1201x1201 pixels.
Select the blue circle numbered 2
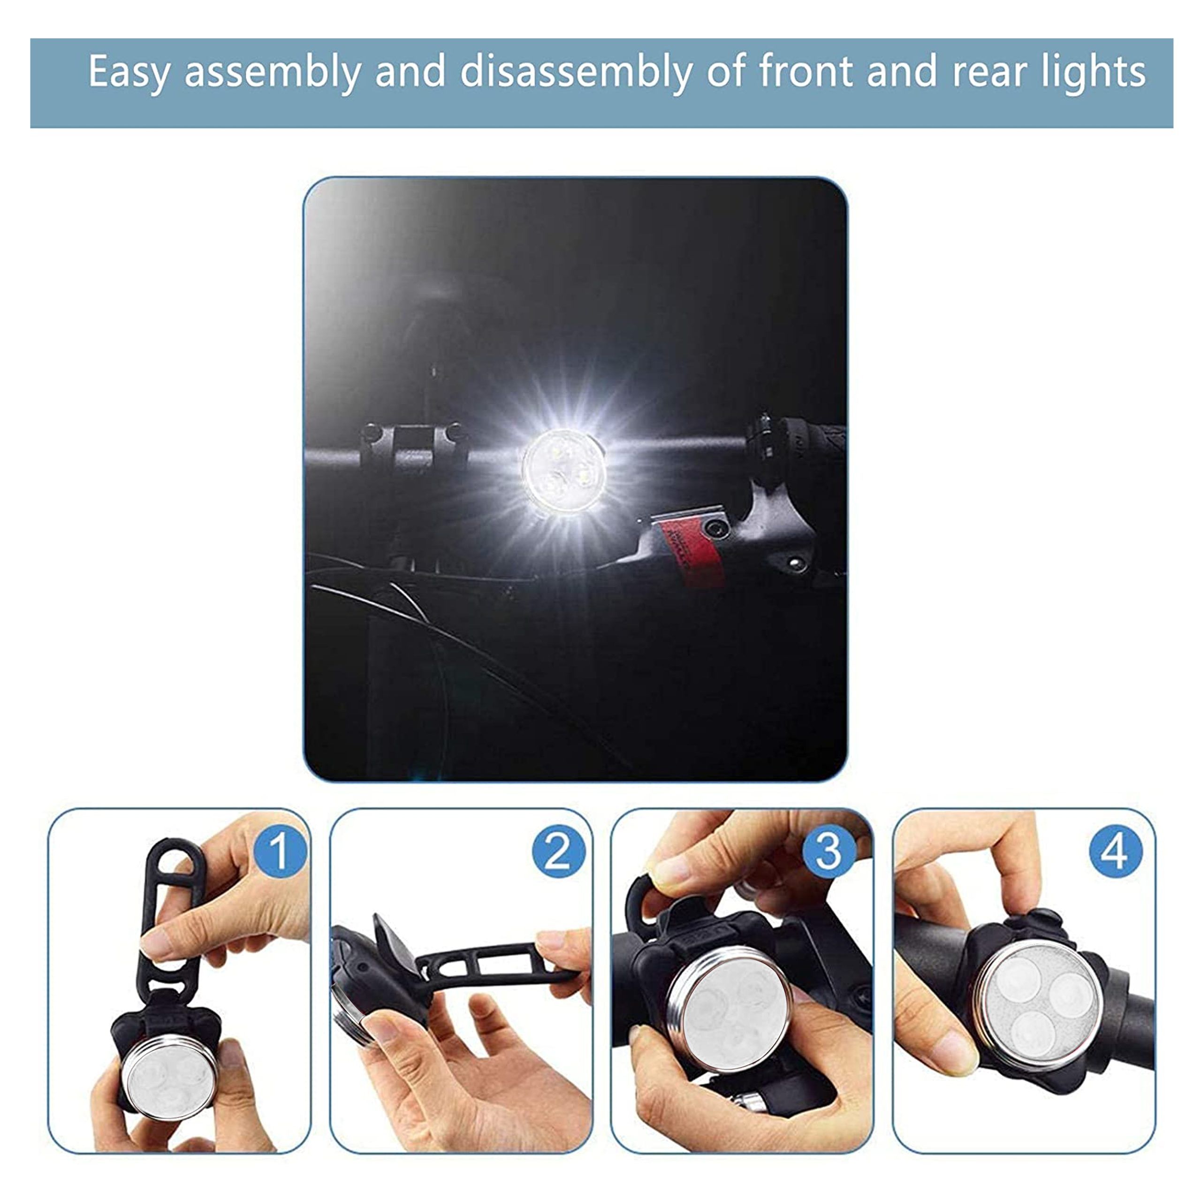tap(558, 851)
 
